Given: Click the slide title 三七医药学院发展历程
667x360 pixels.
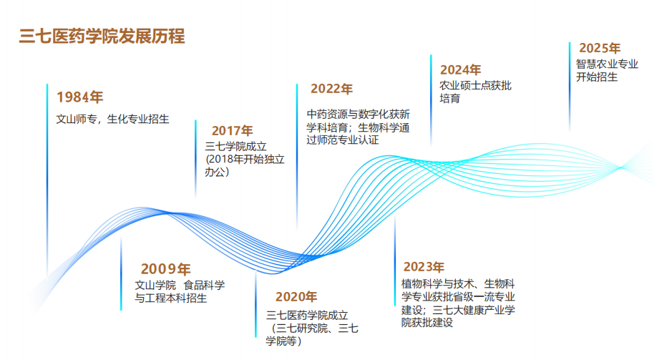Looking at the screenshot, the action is click(x=102, y=37).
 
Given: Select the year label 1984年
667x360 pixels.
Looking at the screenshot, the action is click(x=80, y=97).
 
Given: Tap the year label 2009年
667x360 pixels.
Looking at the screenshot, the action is click(x=165, y=269).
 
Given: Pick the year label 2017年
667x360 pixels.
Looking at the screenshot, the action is click(x=233, y=131).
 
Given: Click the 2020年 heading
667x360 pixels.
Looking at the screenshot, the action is click(x=296, y=296).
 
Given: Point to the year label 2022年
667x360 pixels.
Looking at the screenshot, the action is click(x=331, y=89).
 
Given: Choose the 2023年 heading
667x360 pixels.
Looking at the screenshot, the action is click(x=424, y=267).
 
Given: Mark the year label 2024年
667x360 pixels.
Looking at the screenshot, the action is click(x=460, y=70).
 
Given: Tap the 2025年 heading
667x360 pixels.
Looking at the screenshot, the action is click(x=599, y=48).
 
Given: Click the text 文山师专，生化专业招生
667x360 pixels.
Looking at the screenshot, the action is click(x=113, y=119).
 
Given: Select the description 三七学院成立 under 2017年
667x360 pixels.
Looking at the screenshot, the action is click(x=235, y=147).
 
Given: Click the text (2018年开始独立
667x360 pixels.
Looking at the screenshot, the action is click(x=245, y=160).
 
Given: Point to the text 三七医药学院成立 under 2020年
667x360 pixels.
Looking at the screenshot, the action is click(x=307, y=316).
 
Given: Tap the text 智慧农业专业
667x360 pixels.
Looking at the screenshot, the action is click(x=607, y=64).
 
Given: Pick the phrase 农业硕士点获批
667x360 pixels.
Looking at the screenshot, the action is click(x=476, y=86).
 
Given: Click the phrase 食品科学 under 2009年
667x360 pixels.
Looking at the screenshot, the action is click(x=204, y=285).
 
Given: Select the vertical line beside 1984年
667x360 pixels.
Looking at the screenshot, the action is click(x=47, y=179).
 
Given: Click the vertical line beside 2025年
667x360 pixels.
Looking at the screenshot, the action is click(x=570, y=87).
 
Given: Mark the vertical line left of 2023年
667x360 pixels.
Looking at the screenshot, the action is click(x=395, y=260).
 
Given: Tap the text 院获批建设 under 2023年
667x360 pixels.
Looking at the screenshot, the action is click(x=427, y=323).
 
